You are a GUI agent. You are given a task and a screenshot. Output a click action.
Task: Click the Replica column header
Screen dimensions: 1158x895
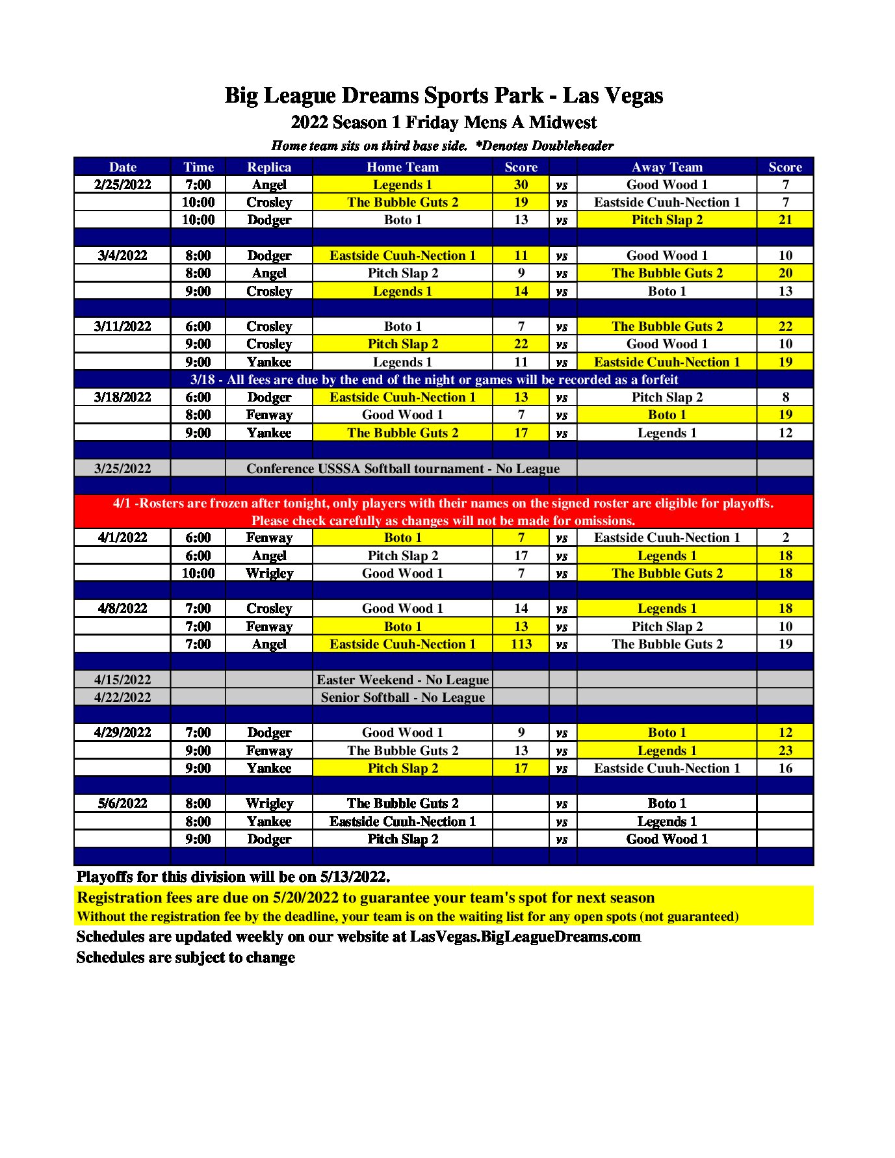(x=268, y=167)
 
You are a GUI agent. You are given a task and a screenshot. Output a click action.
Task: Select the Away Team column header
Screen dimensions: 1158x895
(x=667, y=167)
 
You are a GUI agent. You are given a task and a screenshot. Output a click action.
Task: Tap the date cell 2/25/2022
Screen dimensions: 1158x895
(x=122, y=185)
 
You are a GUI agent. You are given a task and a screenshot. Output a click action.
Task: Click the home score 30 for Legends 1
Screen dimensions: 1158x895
(x=521, y=185)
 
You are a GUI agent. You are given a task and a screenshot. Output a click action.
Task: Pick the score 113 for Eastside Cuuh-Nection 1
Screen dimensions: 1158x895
(x=521, y=644)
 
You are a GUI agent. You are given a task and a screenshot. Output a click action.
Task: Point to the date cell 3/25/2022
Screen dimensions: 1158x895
(x=122, y=469)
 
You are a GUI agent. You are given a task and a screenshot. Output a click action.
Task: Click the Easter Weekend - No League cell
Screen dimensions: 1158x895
(x=402, y=680)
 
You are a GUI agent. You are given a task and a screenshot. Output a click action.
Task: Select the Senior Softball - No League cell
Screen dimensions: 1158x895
(x=402, y=697)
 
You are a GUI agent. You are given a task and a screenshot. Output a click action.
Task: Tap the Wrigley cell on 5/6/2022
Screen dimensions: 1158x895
(x=269, y=803)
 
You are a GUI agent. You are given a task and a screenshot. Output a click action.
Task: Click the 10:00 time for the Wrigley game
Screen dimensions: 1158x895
(x=198, y=573)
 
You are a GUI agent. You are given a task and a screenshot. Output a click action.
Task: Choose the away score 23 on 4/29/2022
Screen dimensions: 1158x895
(x=785, y=751)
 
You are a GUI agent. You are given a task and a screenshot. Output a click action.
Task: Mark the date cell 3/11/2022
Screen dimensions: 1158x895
(x=122, y=326)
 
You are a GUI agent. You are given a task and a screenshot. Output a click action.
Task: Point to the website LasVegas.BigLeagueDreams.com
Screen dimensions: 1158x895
(x=525, y=936)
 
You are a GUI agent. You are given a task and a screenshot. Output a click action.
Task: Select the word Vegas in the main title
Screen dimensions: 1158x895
(x=632, y=96)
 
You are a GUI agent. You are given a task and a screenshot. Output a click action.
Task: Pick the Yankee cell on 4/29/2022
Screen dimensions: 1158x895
(x=269, y=768)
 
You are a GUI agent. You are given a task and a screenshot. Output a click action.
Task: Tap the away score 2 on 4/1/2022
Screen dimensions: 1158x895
(x=785, y=537)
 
